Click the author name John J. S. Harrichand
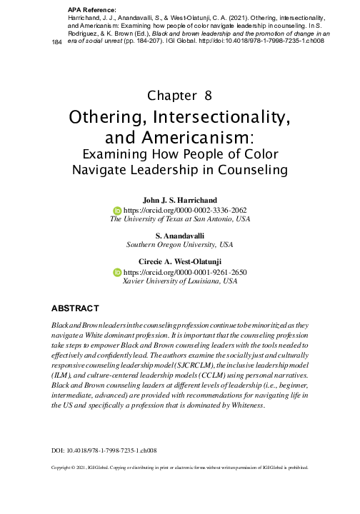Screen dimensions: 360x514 tap(180, 201)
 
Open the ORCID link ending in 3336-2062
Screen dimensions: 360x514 tap(184, 211)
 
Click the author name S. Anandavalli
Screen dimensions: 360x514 tap(180, 235)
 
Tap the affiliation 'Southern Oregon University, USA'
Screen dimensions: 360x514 tap(180, 244)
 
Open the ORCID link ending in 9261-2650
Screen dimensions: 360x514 tap(184, 273)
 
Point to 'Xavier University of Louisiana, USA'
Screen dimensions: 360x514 tap(180, 282)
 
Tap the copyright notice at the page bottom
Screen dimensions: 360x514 tap(179, 469)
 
